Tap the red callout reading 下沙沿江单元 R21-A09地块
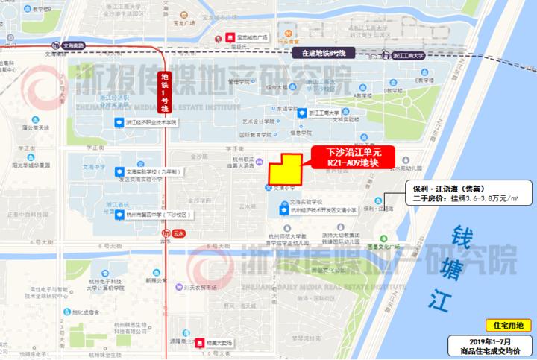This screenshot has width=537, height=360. pyautogui.click(x=348, y=157)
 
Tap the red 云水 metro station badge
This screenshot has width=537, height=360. pyautogui.click(x=176, y=233)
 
